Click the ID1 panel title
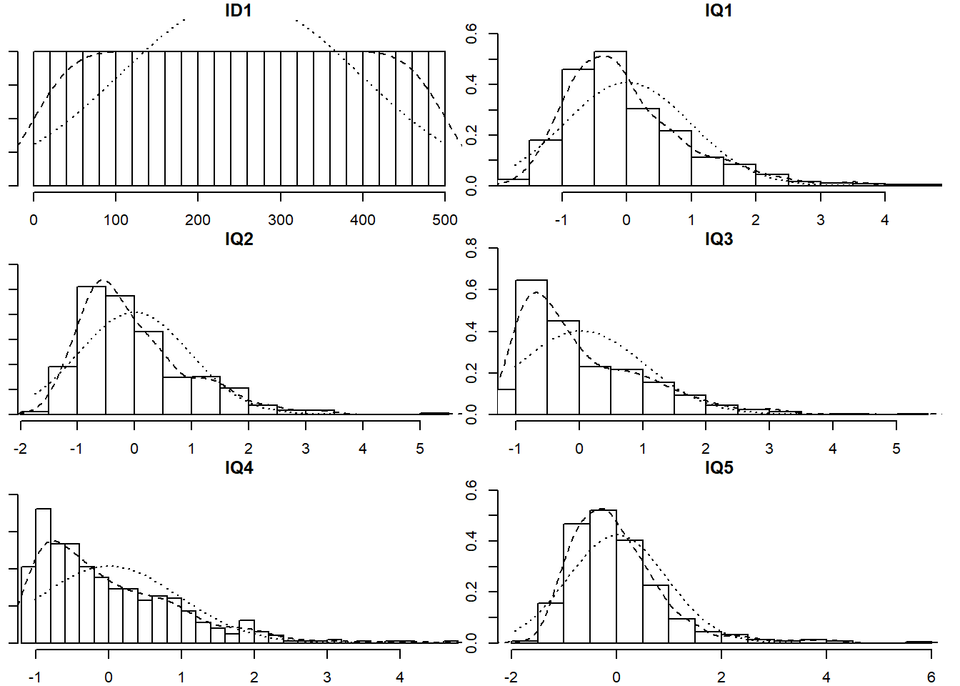click(239, 11)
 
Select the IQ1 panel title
click(719, 11)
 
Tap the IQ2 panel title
click(239, 239)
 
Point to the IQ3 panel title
click(719, 239)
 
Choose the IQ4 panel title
click(239, 468)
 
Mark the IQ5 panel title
click(719, 468)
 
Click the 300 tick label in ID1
click(281, 220)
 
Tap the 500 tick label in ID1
click(445, 220)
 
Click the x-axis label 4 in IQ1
click(885, 220)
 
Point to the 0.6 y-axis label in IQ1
click(472, 34)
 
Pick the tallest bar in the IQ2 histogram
click(91, 350)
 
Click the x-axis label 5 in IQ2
click(420, 449)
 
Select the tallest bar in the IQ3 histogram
click(531, 347)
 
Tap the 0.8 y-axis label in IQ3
click(472, 248)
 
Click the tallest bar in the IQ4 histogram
click(43, 575)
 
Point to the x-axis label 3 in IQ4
click(327, 677)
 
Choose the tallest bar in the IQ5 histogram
click(603, 576)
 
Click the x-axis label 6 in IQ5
click(931, 677)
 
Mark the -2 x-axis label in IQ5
click(511, 677)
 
